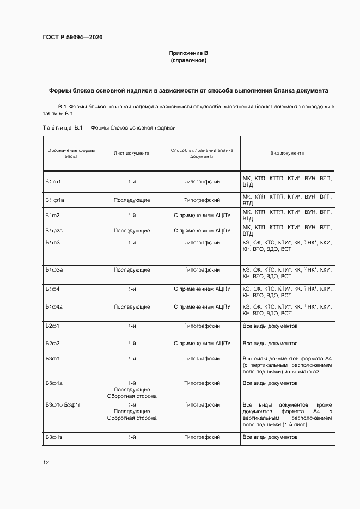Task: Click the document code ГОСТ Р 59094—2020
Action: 72,38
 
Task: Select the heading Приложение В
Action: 188,53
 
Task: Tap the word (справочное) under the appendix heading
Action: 188,60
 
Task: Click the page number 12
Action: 46,463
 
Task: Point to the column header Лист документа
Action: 131,154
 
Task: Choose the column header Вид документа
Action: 287,154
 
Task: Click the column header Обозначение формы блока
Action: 71,154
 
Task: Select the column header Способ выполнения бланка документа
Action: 202,154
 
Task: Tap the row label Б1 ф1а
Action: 55,200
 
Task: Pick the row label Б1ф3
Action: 53,242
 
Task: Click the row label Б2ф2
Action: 53,344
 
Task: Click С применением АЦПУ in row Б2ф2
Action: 202,344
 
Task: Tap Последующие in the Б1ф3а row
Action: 131,270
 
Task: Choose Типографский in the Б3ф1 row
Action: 202,359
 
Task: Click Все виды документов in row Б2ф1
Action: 270,326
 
